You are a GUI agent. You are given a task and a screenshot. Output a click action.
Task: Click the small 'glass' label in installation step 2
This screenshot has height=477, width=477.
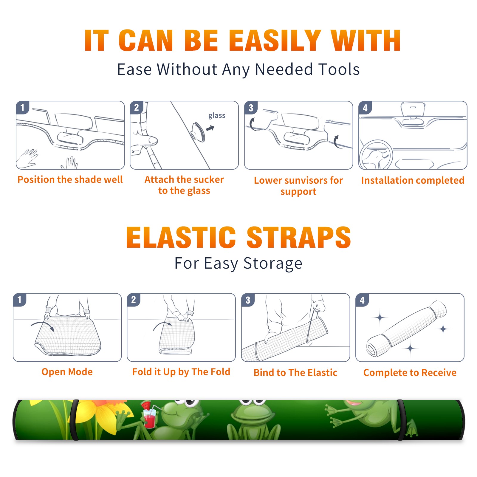[x=217, y=116]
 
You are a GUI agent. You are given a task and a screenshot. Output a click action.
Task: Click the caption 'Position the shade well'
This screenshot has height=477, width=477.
[x=70, y=179]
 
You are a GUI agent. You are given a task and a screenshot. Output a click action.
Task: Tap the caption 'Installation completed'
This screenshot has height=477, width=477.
[x=413, y=180]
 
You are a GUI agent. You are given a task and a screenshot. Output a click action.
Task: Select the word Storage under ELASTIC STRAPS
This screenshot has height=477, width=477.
[x=273, y=264]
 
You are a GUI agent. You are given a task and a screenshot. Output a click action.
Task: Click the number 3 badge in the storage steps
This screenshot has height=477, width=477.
[x=248, y=300]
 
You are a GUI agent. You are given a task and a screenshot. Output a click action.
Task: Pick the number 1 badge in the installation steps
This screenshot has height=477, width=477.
[x=22, y=107]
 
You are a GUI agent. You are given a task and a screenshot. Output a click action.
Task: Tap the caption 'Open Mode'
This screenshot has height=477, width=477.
[x=67, y=372]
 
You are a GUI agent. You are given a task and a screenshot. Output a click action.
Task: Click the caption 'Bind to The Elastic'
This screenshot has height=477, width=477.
[x=295, y=373]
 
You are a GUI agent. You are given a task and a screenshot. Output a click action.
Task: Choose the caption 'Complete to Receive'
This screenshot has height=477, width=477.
[x=410, y=373]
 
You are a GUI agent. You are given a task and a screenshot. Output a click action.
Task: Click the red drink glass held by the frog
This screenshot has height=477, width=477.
[x=149, y=417]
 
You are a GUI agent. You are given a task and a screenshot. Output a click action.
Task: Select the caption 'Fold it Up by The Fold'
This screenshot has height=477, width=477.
[x=181, y=372]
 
